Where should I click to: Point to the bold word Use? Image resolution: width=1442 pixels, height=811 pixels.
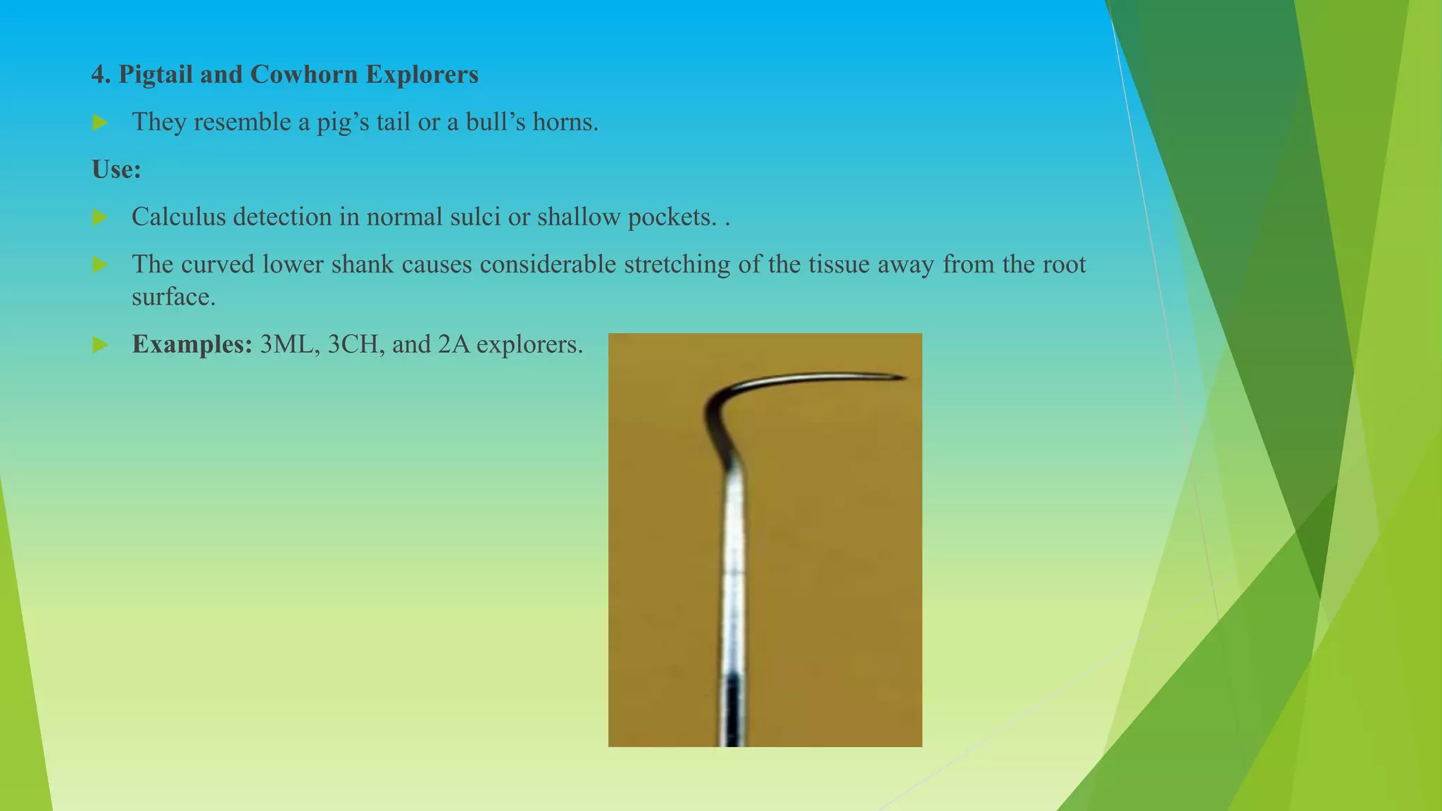pos(116,170)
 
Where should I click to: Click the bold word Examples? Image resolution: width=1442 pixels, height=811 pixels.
pos(192,344)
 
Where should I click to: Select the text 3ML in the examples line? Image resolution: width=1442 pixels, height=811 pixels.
pos(286,344)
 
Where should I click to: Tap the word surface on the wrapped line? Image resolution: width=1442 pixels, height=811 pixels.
pos(173,297)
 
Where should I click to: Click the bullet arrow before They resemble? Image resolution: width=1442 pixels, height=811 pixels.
pos(100,123)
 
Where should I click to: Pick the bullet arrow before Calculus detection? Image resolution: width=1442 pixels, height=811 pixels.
pos(100,218)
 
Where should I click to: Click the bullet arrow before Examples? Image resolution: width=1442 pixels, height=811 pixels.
pos(100,345)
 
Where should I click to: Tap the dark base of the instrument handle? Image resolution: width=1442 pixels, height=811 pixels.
pos(732,711)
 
